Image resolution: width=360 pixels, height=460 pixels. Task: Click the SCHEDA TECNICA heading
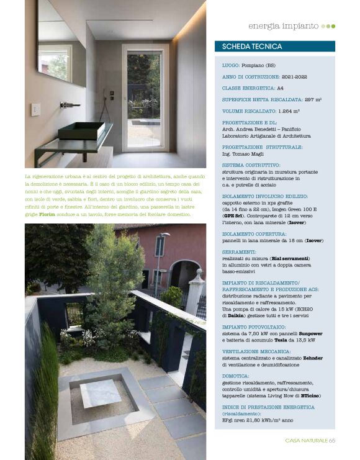252,47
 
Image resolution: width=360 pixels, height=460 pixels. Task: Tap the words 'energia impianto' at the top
283,26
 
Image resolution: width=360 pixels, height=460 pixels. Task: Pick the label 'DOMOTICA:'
236,376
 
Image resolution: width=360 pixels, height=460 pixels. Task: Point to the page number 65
332,440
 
